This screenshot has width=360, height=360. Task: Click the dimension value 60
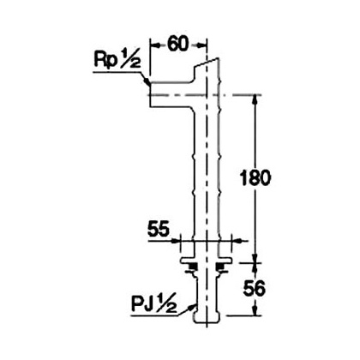click(x=177, y=45)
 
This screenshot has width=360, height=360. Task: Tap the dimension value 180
click(x=255, y=177)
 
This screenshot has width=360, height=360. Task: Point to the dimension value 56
click(x=255, y=288)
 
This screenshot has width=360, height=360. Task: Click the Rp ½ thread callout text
click(x=117, y=60)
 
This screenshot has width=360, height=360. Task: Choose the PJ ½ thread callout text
click(x=153, y=305)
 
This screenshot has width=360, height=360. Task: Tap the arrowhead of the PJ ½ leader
click(x=192, y=308)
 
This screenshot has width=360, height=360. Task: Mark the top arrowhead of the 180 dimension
click(x=255, y=99)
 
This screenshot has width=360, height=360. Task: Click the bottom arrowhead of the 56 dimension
click(x=255, y=311)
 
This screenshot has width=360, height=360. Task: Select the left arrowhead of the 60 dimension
click(x=154, y=45)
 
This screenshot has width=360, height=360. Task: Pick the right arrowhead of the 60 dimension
click(x=201, y=45)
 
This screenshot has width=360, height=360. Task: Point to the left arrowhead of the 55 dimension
click(x=176, y=241)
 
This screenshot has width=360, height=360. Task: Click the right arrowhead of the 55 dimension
click(x=237, y=241)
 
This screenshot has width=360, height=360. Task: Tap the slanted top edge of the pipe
click(x=207, y=63)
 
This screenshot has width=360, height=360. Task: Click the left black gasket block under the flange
click(x=193, y=267)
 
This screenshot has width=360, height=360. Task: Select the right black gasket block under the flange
click(x=220, y=267)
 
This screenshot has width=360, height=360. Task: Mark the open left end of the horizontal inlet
click(x=150, y=94)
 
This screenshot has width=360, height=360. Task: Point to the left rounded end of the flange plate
click(x=181, y=260)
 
